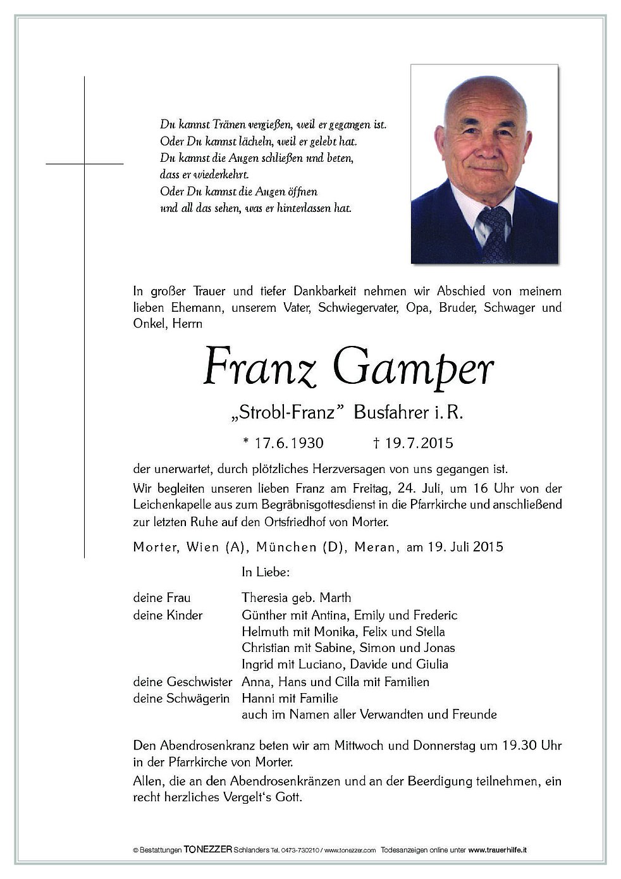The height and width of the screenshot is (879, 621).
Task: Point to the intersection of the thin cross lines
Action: coord(84,164)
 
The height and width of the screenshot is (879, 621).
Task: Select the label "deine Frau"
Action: coord(162,598)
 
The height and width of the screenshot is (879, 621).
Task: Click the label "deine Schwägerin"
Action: coord(181,698)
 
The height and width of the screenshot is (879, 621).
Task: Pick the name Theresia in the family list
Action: coord(266,598)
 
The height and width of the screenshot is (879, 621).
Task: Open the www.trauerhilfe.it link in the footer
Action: coord(506,851)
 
